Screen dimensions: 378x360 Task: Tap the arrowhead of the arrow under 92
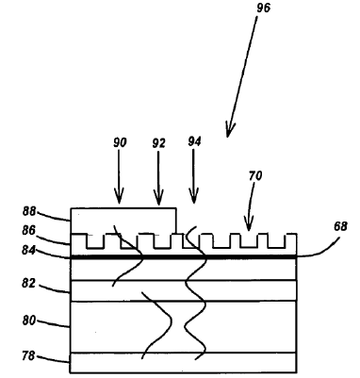pyautogui.click(x=157, y=200)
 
